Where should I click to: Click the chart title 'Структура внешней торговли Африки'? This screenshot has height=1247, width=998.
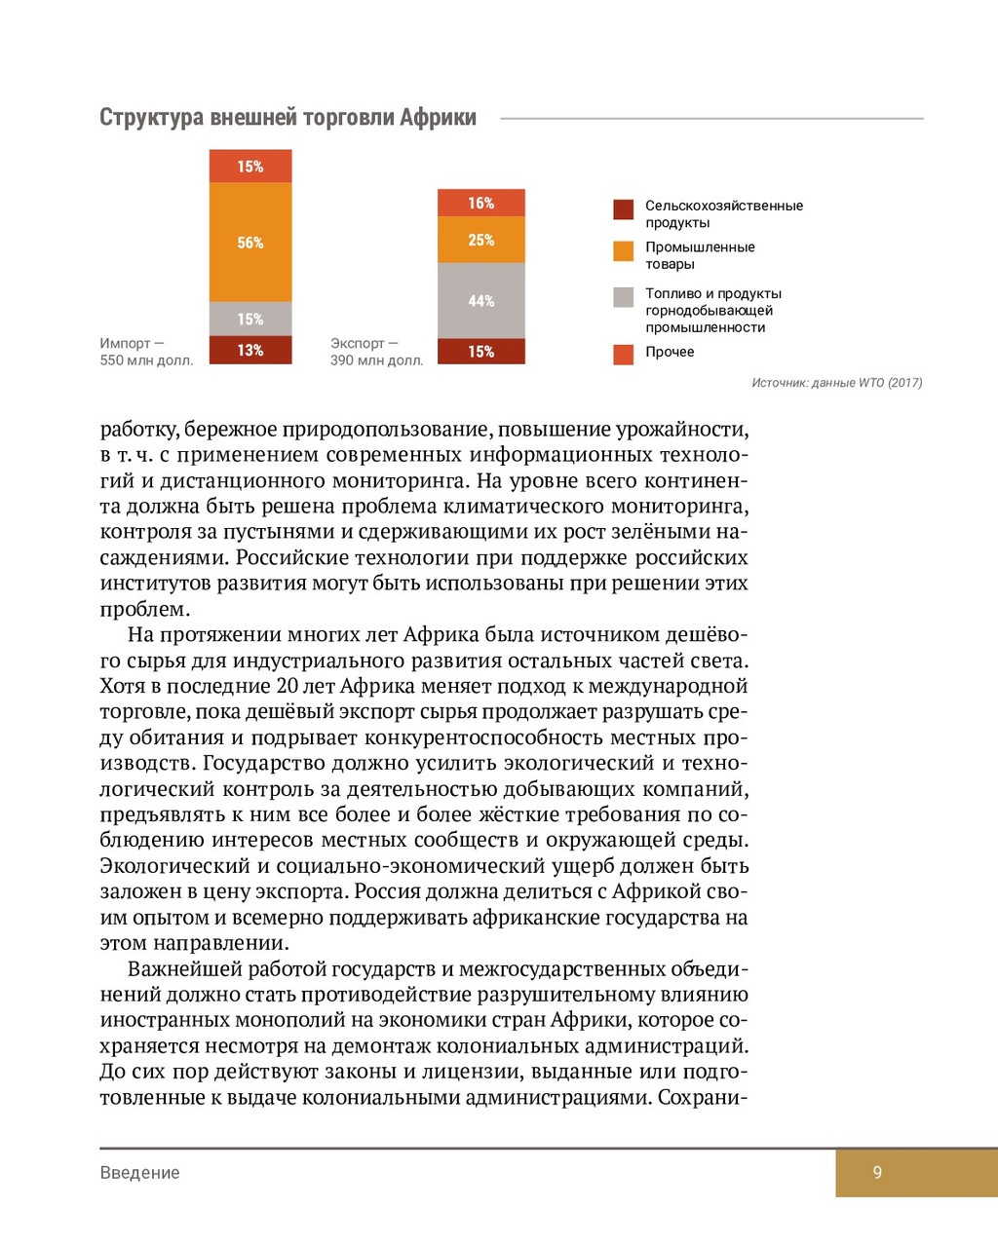pos(288,118)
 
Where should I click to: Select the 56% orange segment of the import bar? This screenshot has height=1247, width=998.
pos(250,243)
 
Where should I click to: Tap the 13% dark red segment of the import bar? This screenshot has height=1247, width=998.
pos(250,350)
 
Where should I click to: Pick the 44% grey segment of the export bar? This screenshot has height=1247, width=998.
pos(480,301)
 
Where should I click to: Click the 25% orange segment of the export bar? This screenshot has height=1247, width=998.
pos(480,240)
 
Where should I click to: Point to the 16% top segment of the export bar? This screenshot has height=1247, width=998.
pos(480,203)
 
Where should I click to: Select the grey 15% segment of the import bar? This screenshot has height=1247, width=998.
pos(250,319)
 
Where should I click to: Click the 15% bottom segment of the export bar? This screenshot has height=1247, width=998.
pos(480,352)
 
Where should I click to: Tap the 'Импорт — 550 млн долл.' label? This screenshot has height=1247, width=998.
pos(146,352)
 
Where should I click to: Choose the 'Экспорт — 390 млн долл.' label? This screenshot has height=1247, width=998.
pos(376,352)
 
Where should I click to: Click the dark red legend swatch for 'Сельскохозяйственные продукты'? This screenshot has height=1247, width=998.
pos(624,209)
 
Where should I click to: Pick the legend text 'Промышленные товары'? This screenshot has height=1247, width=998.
pos(700,255)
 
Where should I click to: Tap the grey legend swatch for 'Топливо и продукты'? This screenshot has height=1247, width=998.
pos(624,297)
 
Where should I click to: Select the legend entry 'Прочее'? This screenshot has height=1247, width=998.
pos(670,352)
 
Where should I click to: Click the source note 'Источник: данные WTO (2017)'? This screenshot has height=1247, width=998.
pos(836,383)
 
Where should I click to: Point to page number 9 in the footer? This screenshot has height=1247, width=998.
pos(877,1173)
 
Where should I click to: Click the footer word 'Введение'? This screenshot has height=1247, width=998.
pos(139,1173)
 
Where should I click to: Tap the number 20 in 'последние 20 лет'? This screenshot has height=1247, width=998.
pos(287,686)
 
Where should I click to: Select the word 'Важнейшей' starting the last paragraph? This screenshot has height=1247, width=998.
pos(184,969)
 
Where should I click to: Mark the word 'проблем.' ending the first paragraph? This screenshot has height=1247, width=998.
pos(144,610)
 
